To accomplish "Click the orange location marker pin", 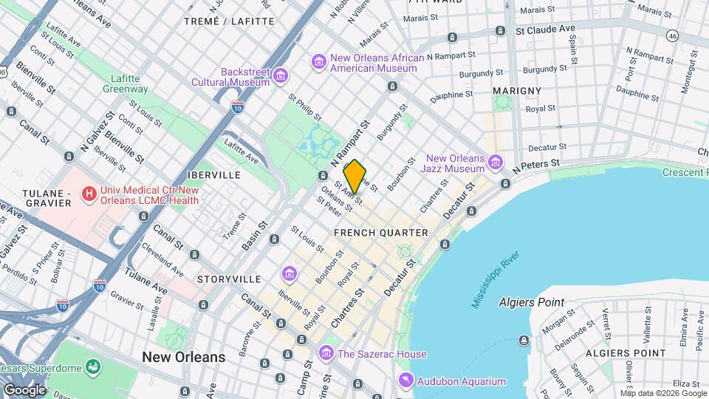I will (355, 176).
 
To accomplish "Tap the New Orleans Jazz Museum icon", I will (495, 162).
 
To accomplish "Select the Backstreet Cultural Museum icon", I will (281, 75).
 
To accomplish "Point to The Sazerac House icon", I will (326, 354).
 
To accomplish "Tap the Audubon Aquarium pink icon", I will (405, 381).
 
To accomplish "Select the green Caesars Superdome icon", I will (93, 366).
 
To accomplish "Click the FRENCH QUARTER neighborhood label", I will (381, 233).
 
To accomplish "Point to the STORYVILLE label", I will (229, 279).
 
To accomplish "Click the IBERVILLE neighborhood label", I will (214, 175).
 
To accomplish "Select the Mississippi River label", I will (496, 280).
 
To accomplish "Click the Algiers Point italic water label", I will (531, 302).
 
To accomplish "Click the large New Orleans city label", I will (184, 357).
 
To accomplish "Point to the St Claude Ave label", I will (545, 30).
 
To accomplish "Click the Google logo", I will (24, 389).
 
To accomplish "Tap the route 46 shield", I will (672, 35).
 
